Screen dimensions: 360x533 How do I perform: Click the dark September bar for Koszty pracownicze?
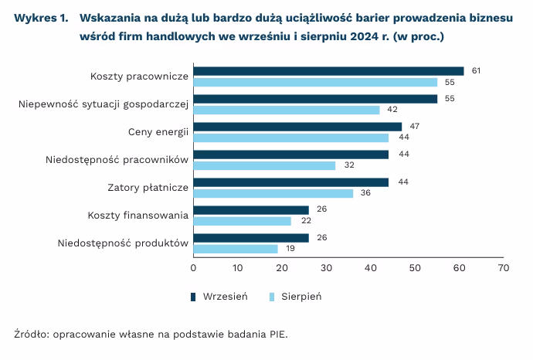coord(328,71)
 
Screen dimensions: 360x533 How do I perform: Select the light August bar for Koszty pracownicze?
coord(315,82)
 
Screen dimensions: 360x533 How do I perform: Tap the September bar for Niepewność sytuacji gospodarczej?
coord(315,99)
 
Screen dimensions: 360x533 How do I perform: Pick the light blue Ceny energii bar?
coord(290,138)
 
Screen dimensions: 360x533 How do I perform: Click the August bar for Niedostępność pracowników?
coord(264,165)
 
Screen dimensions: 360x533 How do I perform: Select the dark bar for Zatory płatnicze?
coord(290,182)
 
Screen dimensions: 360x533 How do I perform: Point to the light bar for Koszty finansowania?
coord(242,221)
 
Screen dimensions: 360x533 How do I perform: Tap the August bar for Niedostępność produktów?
coord(235,249)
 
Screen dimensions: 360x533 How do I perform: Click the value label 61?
coord(477,71)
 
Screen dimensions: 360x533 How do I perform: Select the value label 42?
coord(392,110)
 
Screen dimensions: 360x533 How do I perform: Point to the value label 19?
coord(290,249)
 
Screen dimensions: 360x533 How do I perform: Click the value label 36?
coord(365,193)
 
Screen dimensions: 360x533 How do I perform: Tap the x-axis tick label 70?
coord(504,268)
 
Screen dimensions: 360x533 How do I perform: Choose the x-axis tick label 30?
coord(326,268)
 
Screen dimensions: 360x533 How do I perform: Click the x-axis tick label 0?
coord(193,268)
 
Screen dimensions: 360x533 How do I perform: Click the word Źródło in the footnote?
coord(29,335)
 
